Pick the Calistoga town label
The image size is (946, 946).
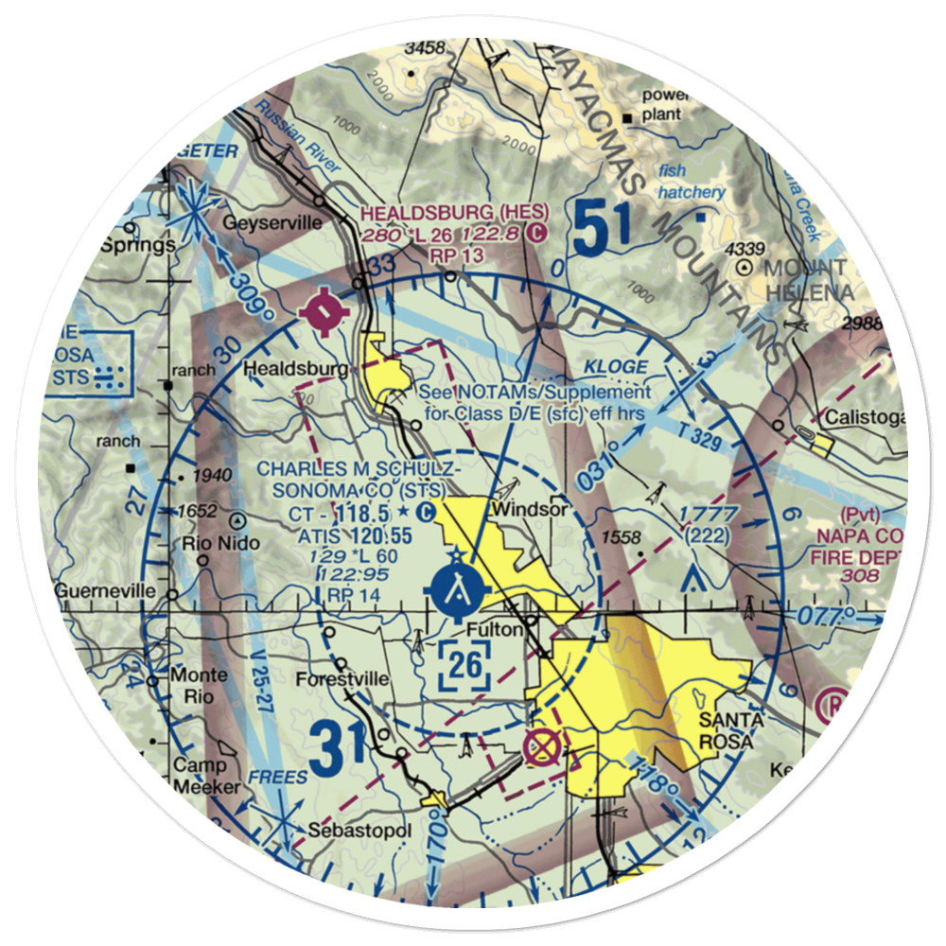pyautogui.click(x=866, y=417)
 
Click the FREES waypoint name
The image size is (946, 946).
pyautogui.click(x=278, y=778)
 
